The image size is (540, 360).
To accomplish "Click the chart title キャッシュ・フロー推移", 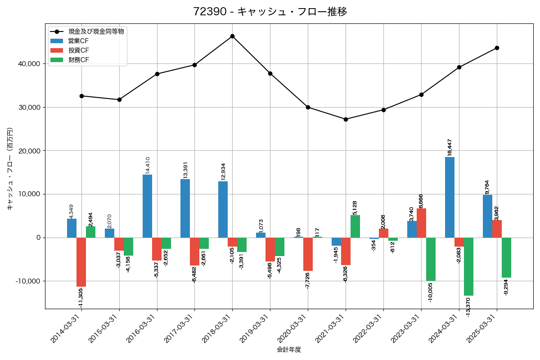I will [270, 12].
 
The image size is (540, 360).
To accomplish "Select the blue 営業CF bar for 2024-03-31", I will [450, 197].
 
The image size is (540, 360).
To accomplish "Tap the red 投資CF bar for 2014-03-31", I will [81, 262].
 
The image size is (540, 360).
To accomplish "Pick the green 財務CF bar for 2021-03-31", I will [355, 226].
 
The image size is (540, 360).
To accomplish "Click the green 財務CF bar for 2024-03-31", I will [468, 266].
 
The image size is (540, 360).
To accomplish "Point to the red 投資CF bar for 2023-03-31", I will [421, 223].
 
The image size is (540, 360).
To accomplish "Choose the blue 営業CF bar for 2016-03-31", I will [147, 206].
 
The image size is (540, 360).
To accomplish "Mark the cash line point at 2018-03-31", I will [232, 36].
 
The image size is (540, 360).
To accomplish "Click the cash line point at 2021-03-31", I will [346, 119].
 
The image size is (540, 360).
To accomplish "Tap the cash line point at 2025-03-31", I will [497, 48].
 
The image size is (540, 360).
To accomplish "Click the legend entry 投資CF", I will [78, 50].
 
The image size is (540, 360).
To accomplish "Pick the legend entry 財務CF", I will [78, 60].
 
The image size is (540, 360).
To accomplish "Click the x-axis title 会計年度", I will [288, 349].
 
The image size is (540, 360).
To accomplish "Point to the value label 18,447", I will [450, 147].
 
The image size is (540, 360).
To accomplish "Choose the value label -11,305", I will [81, 298].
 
